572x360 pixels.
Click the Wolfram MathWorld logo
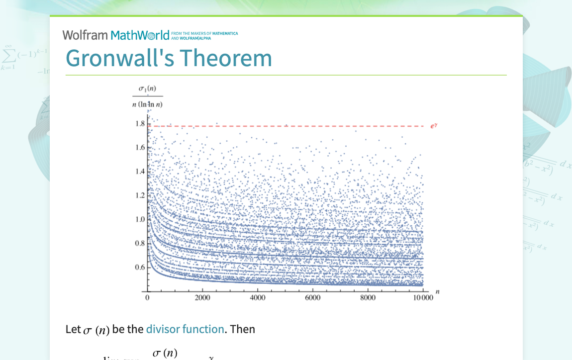pyautogui.click(x=115, y=35)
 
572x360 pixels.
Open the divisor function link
pyautogui.click(x=185, y=329)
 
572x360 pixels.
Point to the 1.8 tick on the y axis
pyautogui.click(x=140, y=124)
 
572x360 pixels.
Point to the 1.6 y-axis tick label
pyautogui.click(x=140, y=148)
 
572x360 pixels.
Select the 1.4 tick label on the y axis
pyautogui.click(x=140, y=172)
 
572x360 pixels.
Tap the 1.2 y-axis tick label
pyautogui.click(x=140, y=195)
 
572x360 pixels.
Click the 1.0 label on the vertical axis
pyautogui.click(x=140, y=219)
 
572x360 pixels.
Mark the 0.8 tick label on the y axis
pyautogui.click(x=140, y=244)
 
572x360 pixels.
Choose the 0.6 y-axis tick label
pyautogui.click(x=140, y=268)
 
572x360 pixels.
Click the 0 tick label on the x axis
pyautogui.click(x=147, y=298)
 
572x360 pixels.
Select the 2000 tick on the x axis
pyautogui.click(x=202, y=298)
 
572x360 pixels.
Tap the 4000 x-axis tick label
pyautogui.click(x=258, y=298)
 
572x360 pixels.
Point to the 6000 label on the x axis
pyautogui.click(x=312, y=298)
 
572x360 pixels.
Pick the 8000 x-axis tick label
pyautogui.click(x=368, y=298)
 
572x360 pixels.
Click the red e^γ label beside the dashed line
pyautogui.click(x=434, y=126)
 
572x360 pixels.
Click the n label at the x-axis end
pyautogui.click(x=437, y=291)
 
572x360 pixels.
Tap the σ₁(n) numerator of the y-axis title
pyautogui.click(x=147, y=89)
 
